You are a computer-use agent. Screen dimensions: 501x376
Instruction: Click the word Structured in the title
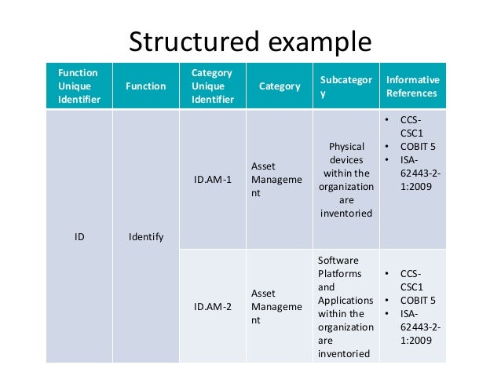(x=189, y=40)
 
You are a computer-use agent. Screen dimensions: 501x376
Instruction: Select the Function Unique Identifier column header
(x=79, y=86)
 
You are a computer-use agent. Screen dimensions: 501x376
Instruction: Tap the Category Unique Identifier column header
(x=212, y=86)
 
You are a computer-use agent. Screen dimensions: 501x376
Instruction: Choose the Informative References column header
(x=412, y=86)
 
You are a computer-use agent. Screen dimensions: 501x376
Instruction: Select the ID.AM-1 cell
(x=213, y=179)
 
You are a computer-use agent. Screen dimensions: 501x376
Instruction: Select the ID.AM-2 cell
(x=213, y=306)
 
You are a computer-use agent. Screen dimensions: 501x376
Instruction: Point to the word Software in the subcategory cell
(x=338, y=260)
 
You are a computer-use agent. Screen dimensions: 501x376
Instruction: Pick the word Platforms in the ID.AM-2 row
(x=340, y=273)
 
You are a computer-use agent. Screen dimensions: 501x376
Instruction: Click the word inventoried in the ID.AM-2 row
(x=344, y=354)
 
